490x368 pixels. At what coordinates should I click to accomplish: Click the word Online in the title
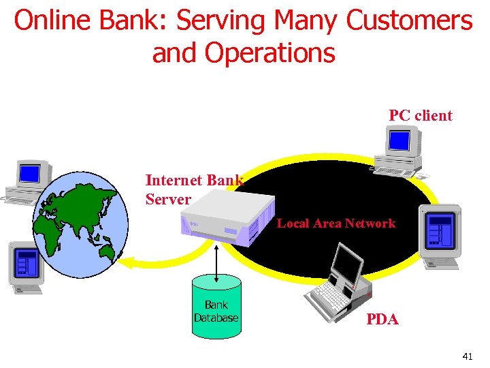point(54,21)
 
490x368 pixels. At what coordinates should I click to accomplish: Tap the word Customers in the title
point(408,21)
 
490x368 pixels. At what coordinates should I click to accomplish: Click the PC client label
point(420,115)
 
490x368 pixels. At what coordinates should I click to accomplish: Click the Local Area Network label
point(336,223)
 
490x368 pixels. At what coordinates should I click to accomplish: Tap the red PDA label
point(382,319)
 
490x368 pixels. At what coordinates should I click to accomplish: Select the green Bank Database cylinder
point(216,307)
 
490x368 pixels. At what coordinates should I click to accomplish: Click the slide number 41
point(467,356)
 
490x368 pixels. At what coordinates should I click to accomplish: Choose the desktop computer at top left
point(28,181)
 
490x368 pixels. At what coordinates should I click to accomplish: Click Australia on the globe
point(107,252)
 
